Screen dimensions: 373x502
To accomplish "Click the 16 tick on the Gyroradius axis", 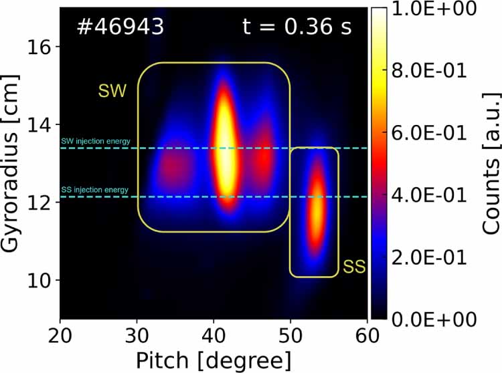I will (x=41, y=47).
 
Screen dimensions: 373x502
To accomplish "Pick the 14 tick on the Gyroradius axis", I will (x=41, y=124).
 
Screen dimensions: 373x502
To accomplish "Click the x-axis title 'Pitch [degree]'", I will (x=214, y=360).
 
